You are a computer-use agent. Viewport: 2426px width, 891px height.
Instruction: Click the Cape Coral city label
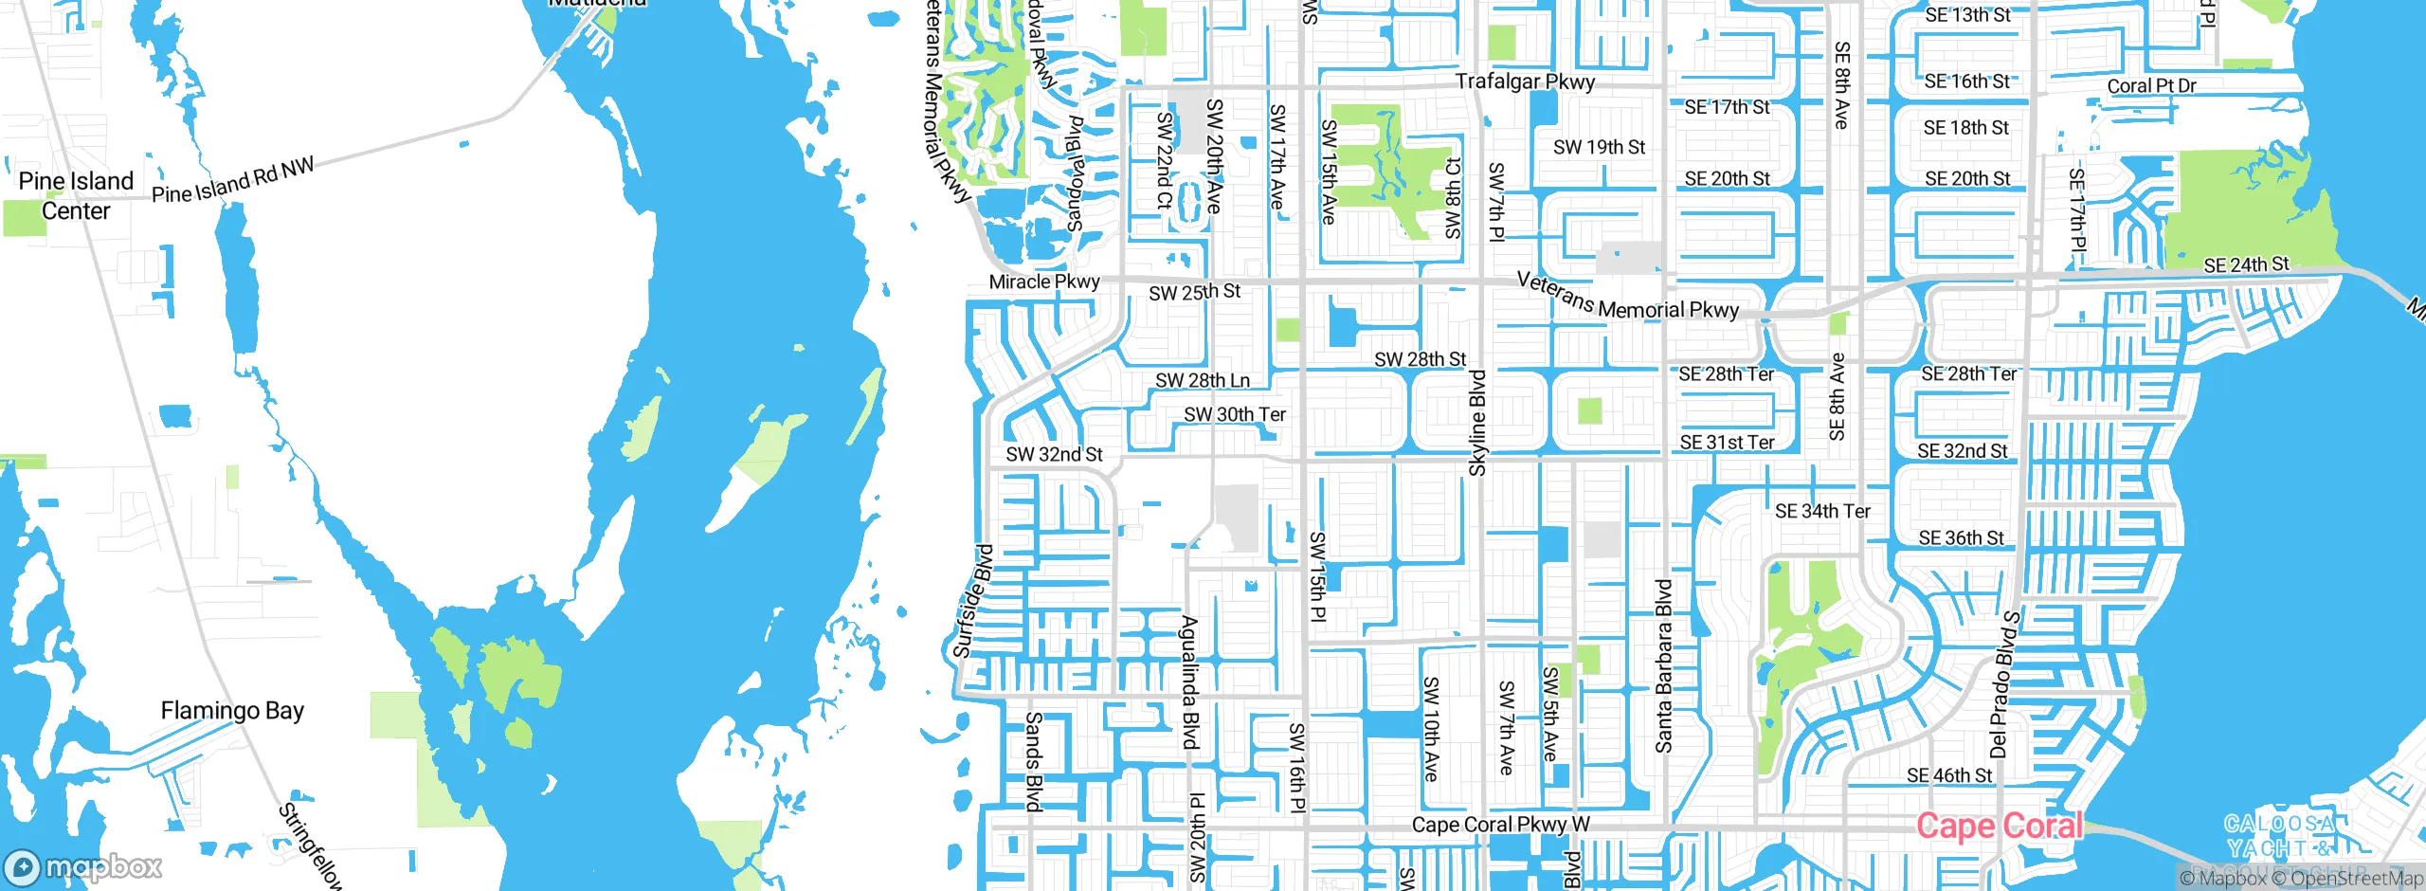(x=2000, y=827)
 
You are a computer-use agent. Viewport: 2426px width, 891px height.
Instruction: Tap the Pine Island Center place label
(x=76, y=195)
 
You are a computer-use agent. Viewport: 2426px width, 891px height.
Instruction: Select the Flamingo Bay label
(x=232, y=711)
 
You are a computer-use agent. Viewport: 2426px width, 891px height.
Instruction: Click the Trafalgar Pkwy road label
(x=1525, y=82)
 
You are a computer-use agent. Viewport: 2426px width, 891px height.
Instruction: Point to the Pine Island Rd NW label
(x=232, y=181)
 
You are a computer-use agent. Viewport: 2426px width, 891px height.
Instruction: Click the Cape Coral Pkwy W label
(x=1501, y=825)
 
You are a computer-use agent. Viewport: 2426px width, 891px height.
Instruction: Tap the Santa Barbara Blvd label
(x=1663, y=666)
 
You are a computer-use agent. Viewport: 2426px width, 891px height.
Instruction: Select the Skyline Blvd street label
(x=1477, y=423)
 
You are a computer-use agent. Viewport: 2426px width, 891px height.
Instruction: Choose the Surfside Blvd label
(x=972, y=602)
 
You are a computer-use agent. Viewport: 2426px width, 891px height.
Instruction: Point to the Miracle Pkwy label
(x=1043, y=282)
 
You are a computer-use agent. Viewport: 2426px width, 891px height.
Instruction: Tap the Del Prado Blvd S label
(x=2005, y=684)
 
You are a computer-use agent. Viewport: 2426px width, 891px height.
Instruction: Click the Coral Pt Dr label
(x=2151, y=85)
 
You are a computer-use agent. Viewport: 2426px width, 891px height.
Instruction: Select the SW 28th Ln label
(x=1203, y=380)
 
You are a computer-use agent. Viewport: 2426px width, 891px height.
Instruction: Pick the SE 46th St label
(x=1949, y=775)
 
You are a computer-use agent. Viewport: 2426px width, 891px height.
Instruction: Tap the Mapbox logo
(x=83, y=866)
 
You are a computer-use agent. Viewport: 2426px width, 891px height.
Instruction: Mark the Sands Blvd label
(x=1034, y=762)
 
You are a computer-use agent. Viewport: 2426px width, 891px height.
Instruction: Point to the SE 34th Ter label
(x=1822, y=511)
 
